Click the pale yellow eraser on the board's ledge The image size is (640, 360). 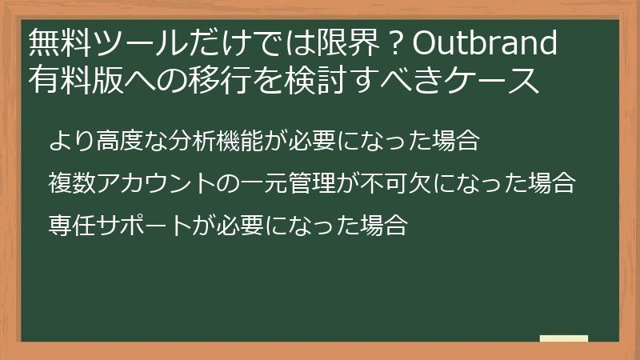pyautogui.click(x=563, y=338)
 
